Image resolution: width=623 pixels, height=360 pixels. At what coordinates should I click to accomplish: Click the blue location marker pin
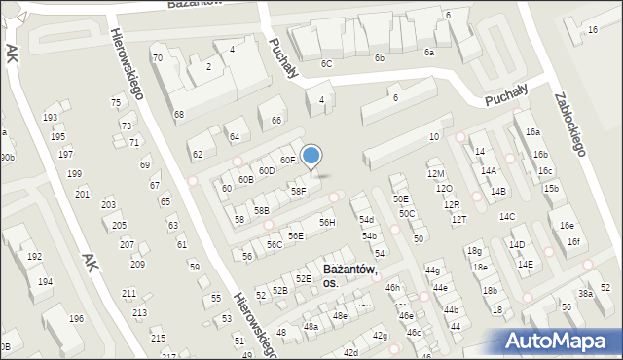(x=311, y=157)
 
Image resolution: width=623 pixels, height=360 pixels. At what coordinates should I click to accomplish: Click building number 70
(x=157, y=58)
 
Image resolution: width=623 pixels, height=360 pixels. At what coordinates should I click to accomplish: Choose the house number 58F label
(x=298, y=192)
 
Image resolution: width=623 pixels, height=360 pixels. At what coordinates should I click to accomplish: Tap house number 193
(x=50, y=118)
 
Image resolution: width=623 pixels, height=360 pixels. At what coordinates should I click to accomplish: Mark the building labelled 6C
(x=327, y=64)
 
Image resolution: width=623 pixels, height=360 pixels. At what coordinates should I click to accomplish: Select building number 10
(x=433, y=137)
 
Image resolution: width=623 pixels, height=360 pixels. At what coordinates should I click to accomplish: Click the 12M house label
(x=435, y=173)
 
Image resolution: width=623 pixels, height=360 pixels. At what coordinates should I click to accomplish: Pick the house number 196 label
(x=76, y=319)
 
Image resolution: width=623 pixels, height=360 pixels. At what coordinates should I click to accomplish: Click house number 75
(x=116, y=103)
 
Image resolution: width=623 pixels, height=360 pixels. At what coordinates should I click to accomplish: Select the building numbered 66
(x=276, y=121)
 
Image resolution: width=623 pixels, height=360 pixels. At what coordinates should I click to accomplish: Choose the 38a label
(x=585, y=293)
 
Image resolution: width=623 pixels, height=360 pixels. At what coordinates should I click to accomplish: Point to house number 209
(x=137, y=265)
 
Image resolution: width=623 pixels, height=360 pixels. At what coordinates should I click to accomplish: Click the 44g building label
(x=432, y=270)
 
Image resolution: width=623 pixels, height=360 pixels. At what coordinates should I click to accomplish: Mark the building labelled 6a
(x=428, y=53)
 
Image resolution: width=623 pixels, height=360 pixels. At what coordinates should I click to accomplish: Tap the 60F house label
(x=287, y=160)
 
